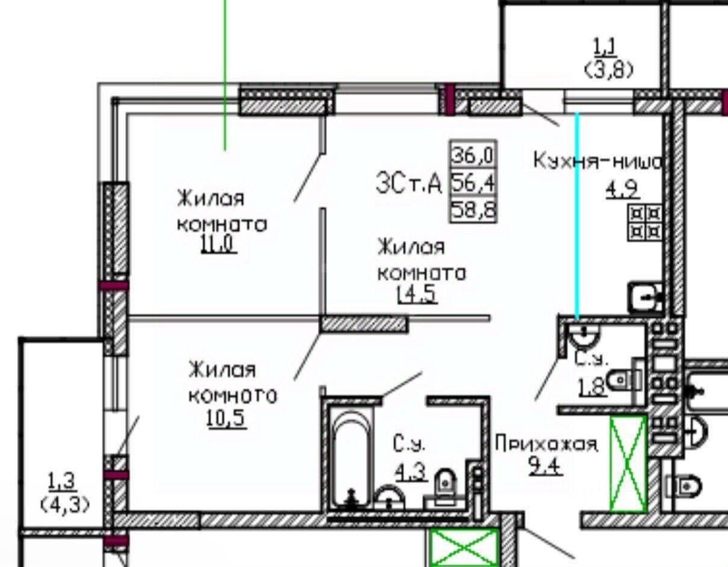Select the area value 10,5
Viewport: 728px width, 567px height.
click(227, 419)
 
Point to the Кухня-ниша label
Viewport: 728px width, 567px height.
click(598, 161)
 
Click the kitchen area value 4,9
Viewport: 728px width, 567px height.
click(621, 191)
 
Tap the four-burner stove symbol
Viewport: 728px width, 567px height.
click(644, 222)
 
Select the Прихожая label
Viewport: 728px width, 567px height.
click(546, 445)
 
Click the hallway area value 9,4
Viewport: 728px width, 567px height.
click(546, 466)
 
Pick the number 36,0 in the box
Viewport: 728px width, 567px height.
click(473, 156)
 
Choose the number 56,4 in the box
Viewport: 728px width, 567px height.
click(473, 183)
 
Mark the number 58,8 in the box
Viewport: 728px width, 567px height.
click(473, 210)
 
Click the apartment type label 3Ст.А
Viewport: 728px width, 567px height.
click(409, 183)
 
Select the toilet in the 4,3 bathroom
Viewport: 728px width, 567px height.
click(445, 484)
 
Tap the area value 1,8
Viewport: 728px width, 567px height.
click(592, 386)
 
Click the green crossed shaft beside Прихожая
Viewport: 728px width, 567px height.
click(628, 463)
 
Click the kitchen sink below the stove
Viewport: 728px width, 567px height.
click(645, 296)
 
